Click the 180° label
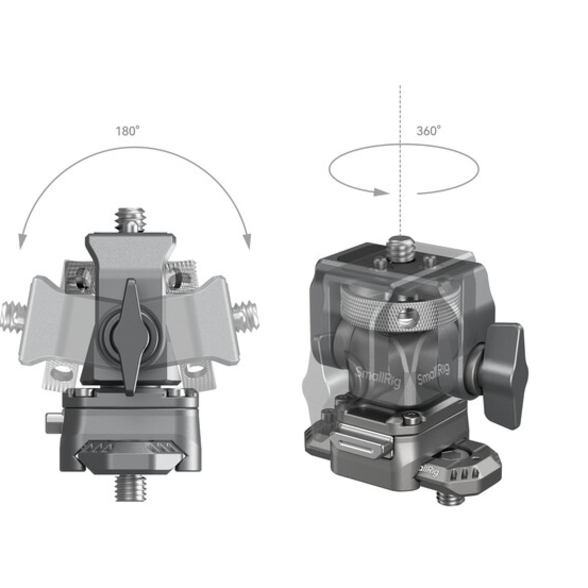pyautogui.click(x=128, y=131)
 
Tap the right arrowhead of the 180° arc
pyautogui.click(x=247, y=241)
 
